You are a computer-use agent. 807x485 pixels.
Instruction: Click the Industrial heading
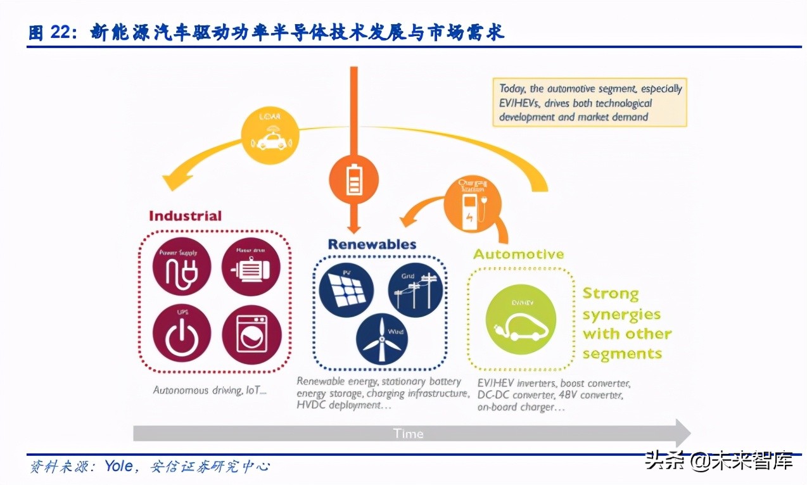point(185,216)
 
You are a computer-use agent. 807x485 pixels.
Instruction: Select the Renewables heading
point(372,244)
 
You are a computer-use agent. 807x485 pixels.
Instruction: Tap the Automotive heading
point(518,255)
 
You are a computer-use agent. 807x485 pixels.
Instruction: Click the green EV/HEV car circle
point(521,318)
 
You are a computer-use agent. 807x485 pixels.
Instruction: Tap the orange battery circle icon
point(353,180)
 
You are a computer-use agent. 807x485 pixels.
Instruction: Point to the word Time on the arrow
point(408,434)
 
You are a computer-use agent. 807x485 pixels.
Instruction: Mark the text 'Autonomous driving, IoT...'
point(210,391)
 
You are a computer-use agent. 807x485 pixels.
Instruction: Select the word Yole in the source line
point(118,467)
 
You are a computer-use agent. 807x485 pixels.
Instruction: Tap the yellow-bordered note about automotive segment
point(589,103)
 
